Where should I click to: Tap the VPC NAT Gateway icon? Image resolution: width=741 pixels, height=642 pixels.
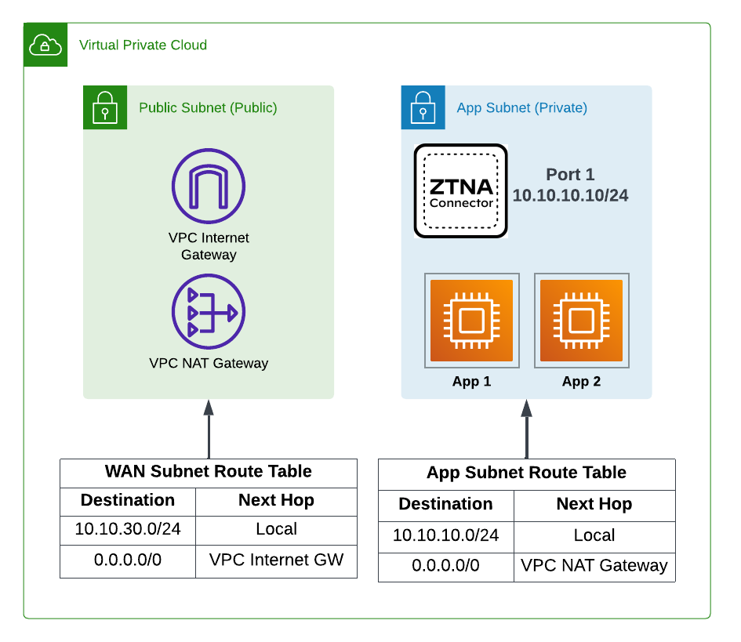point(209,311)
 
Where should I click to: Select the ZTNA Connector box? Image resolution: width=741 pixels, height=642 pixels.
point(461,190)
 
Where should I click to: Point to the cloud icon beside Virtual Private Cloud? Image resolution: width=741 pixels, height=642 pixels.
point(45,45)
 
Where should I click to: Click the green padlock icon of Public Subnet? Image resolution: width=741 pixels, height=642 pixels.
point(105,107)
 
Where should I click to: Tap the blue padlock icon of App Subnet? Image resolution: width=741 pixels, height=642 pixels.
point(423,107)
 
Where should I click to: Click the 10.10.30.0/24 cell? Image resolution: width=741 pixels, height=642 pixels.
point(128,529)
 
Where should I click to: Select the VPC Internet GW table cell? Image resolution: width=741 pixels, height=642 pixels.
point(276,560)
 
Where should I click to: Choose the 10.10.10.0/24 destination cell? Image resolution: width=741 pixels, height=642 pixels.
point(445,535)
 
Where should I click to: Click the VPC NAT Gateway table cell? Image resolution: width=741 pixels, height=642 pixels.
point(594,565)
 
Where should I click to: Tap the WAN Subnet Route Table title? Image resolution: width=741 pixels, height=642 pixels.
point(209,472)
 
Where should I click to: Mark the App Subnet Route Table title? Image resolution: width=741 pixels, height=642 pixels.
point(526,473)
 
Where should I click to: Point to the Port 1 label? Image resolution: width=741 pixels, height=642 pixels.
point(570,174)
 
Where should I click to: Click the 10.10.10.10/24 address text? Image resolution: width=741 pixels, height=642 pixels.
point(570,195)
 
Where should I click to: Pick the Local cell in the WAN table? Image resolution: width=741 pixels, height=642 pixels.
point(276,529)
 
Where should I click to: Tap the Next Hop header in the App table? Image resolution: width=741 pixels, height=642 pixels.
point(594,504)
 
